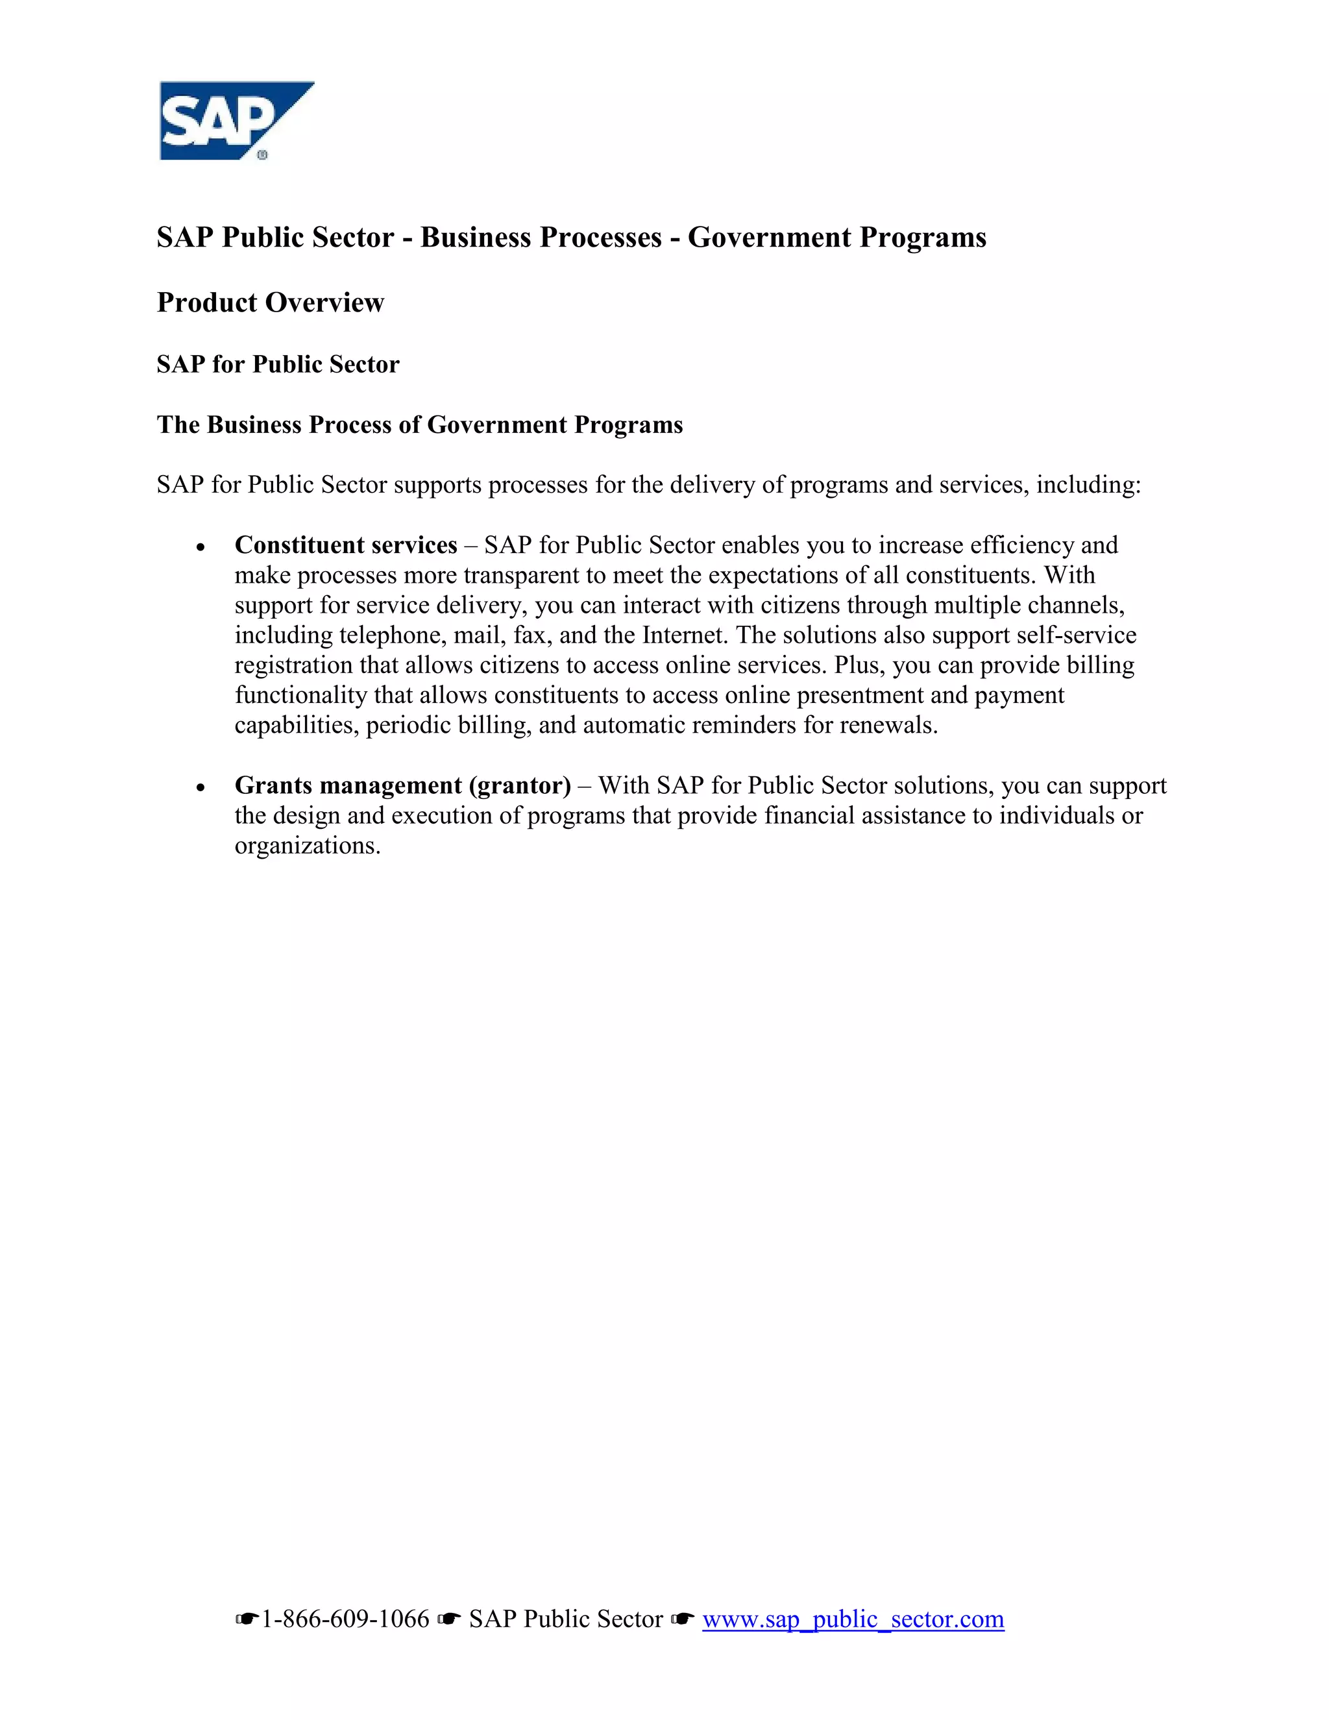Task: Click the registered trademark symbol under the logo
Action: (262, 155)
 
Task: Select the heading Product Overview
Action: (270, 302)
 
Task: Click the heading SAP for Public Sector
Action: (278, 364)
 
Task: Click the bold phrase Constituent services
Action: (346, 545)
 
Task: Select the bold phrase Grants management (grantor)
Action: (402, 785)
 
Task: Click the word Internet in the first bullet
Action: (683, 635)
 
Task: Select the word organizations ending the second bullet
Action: (307, 846)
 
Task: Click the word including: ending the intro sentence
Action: (1088, 484)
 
